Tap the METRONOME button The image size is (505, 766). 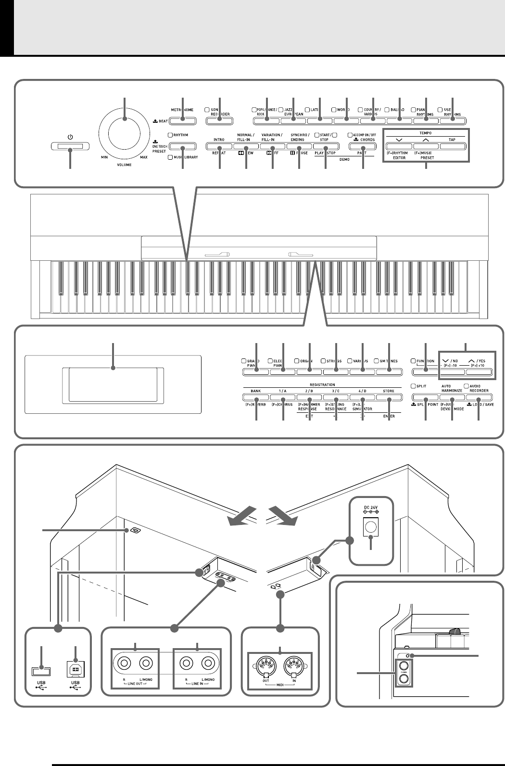tap(183, 120)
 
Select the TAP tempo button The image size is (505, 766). tap(452, 145)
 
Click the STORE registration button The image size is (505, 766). tap(388, 397)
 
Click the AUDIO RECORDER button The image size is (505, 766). tap(479, 397)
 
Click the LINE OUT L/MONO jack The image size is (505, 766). tap(146, 664)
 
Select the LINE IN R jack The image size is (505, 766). tap(186, 664)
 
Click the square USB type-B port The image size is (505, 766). tap(76, 669)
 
